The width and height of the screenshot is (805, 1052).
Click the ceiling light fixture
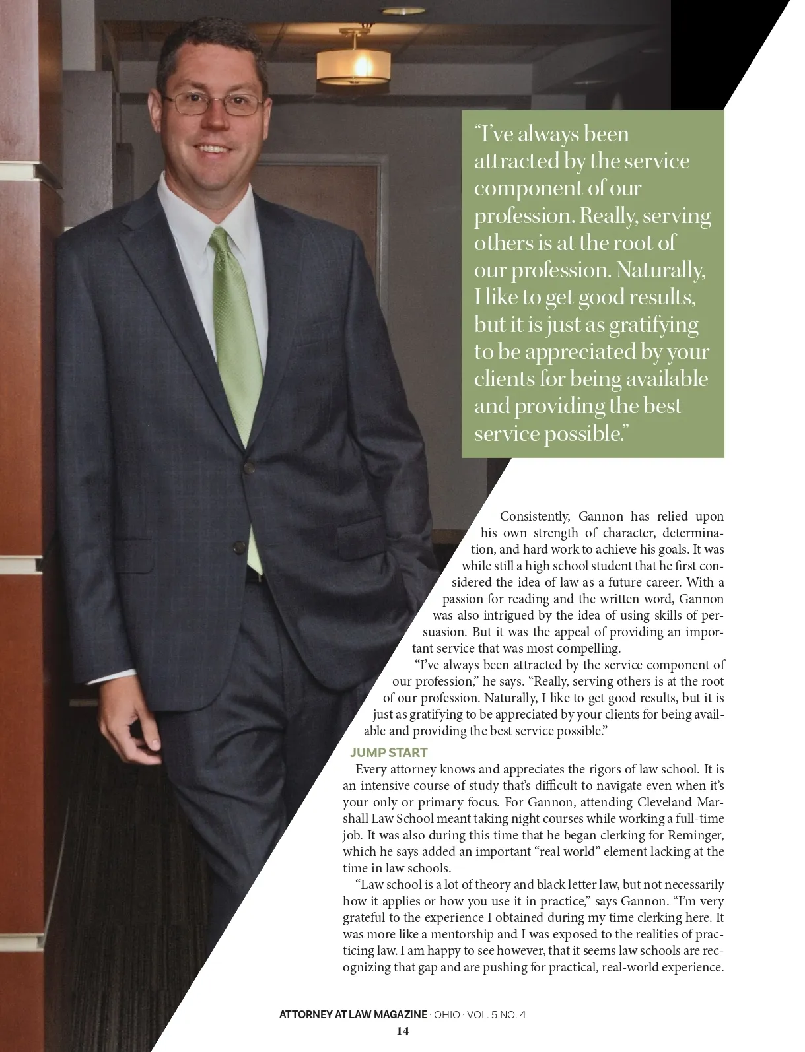click(349, 65)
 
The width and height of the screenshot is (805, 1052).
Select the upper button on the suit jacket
click(249, 467)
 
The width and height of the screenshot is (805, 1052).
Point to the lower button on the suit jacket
click(238, 546)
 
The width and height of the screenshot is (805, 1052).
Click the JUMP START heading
click(388, 752)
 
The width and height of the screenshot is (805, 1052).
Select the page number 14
click(402, 1031)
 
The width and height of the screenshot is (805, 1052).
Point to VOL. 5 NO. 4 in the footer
click(496, 1015)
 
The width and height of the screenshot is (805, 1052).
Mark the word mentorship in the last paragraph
click(456, 934)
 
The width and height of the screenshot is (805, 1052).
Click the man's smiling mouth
click(213, 149)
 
